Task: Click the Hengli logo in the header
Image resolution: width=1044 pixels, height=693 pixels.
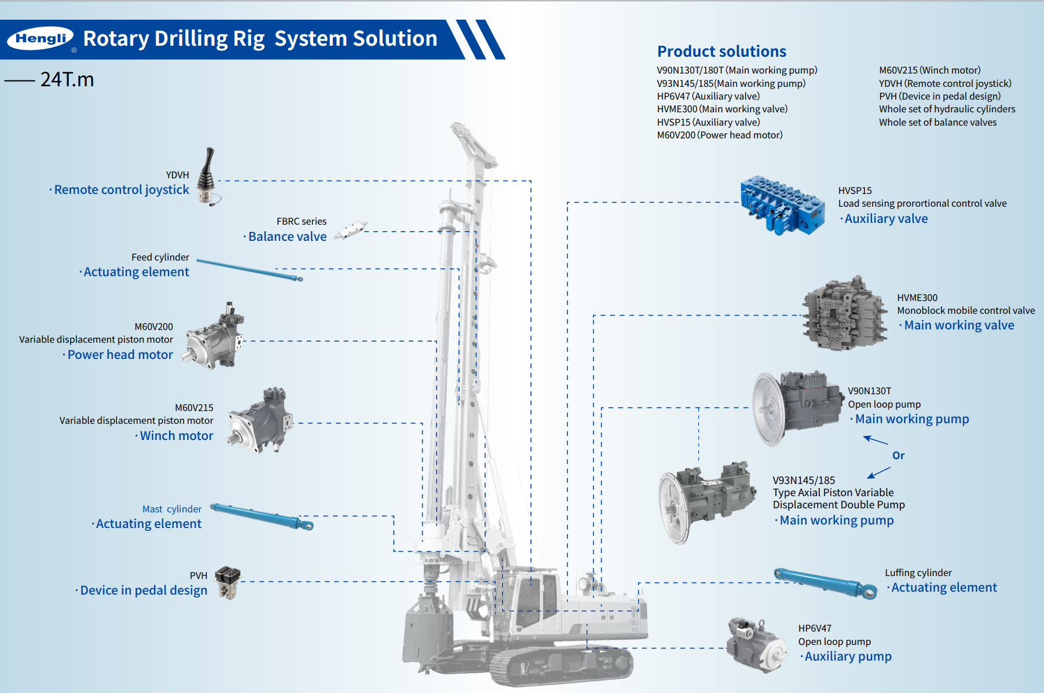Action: (x=40, y=39)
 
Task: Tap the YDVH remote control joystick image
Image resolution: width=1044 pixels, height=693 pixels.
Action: (x=208, y=176)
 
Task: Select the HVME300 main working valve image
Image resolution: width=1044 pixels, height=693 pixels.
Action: (x=844, y=313)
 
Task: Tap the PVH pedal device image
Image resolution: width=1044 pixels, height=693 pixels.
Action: (x=228, y=582)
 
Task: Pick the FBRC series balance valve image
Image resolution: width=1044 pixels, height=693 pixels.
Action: (x=351, y=229)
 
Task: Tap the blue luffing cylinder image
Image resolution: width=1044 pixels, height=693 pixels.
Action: (x=826, y=583)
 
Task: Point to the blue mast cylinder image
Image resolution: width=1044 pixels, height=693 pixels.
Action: (x=261, y=516)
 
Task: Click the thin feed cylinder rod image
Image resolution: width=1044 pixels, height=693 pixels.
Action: (x=249, y=270)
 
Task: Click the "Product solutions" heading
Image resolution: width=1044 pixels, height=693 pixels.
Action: (x=721, y=52)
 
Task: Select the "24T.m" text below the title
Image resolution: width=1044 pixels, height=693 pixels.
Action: (x=67, y=79)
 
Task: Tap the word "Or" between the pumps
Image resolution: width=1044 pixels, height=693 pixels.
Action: (x=898, y=456)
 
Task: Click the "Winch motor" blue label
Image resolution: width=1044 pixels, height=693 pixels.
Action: (x=176, y=436)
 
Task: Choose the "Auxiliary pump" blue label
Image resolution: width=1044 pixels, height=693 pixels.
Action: (x=848, y=657)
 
